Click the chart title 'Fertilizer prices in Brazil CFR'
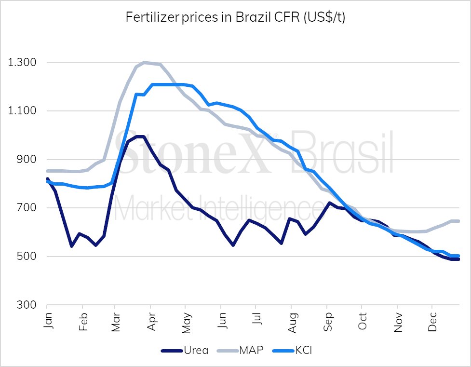[235, 18]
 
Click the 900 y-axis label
[27, 160]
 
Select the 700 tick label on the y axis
[27, 208]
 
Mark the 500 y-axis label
[27, 257]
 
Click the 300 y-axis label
[27, 305]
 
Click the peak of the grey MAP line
[145, 62]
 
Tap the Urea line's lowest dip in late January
[71, 246]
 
